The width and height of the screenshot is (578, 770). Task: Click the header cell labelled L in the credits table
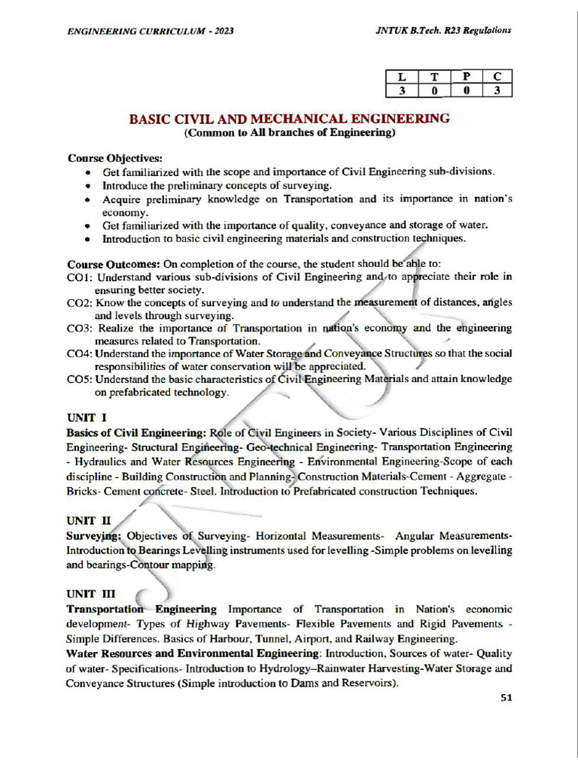(401, 77)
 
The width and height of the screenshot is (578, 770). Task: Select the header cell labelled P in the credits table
(467, 77)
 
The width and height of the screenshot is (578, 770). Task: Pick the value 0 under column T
(434, 91)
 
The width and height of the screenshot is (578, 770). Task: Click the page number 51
(506, 697)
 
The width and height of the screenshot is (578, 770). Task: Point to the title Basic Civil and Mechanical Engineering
(290, 119)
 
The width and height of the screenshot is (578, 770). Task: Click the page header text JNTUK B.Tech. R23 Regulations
(443, 30)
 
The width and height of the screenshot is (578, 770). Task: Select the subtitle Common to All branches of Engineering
(290, 134)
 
